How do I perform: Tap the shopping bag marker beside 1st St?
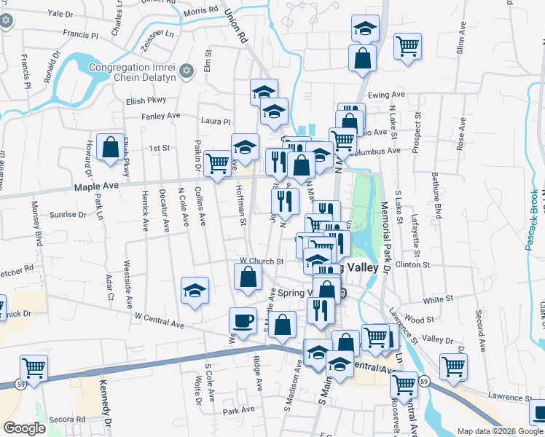pos(109,147)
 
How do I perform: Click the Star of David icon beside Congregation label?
pos(187,71)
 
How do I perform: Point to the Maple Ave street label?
pos(95,187)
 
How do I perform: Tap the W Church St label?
pos(261,261)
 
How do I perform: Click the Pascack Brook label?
pos(533,219)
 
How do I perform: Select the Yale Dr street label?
pos(60,13)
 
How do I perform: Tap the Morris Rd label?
pos(201,10)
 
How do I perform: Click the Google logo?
pos(25,428)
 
